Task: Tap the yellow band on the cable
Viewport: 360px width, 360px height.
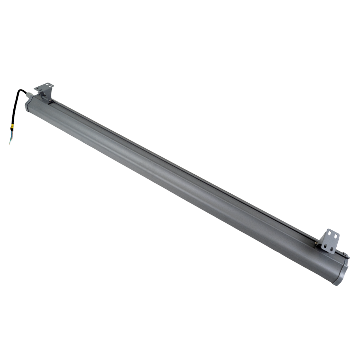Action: [13, 127]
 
